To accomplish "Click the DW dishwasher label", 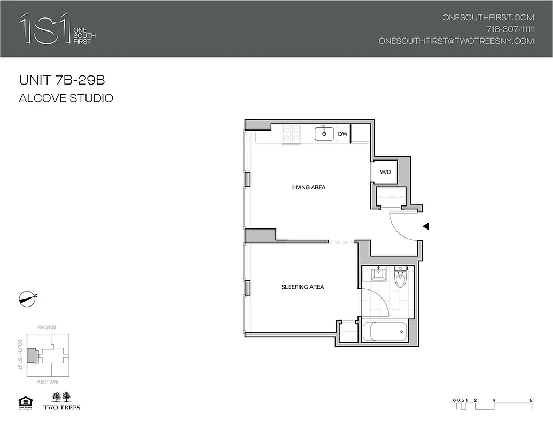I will [343, 134].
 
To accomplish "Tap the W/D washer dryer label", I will [385, 172].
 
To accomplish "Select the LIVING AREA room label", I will [308, 187].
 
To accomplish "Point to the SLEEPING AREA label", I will [302, 287].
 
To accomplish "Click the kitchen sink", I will [324, 133].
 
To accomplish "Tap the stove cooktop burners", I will [292, 133].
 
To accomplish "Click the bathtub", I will [386, 332].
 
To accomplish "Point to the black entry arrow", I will [426, 226].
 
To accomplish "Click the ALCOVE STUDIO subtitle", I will [66, 98].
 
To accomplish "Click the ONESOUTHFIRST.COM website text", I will [488, 17].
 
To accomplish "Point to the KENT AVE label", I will [48, 382].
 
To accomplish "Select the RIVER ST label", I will [48, 326].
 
